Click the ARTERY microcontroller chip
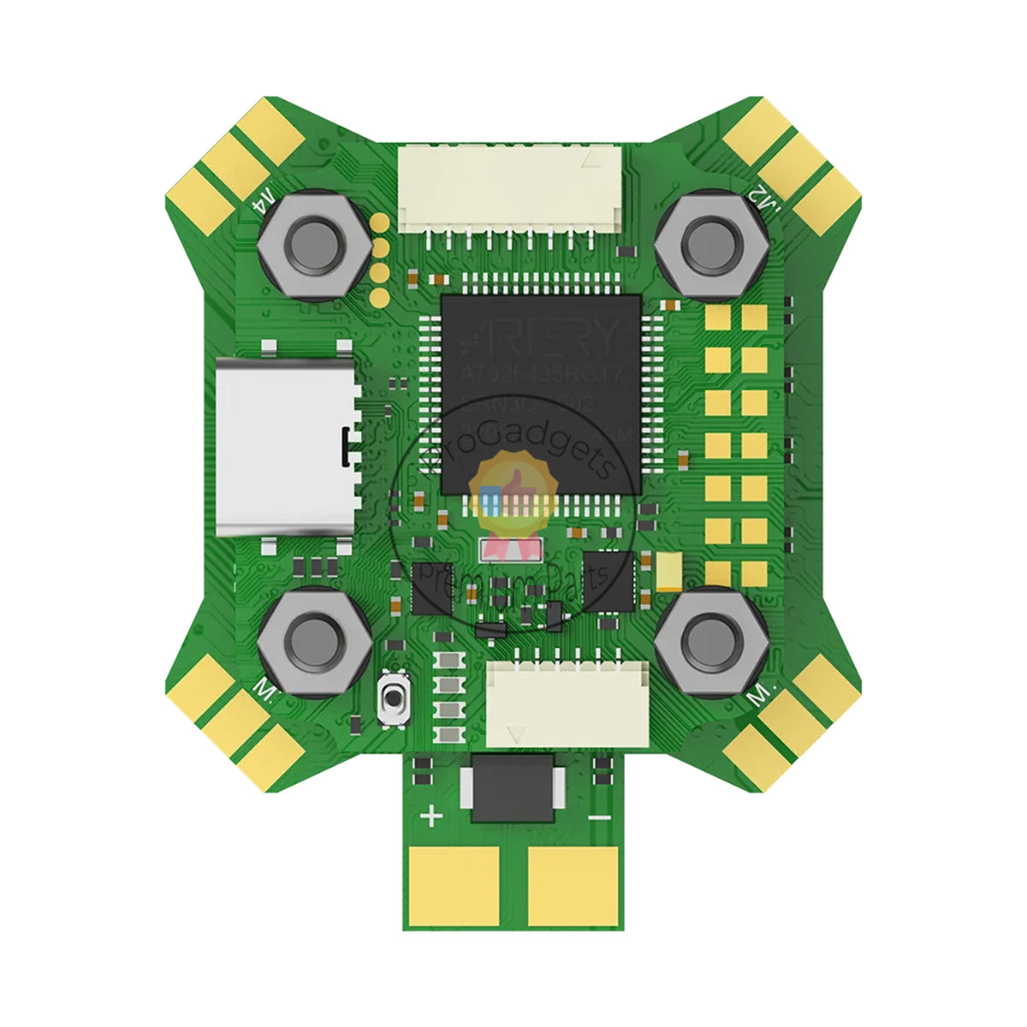coord(541,394)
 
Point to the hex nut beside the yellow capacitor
coord(708,639)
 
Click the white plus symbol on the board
coord(432,816)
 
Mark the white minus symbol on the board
coord(600,817)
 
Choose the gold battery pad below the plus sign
coord(454,886)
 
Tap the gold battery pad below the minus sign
coord(572,886)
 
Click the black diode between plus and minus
coord(512,787)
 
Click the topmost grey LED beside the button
coord(446,661)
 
